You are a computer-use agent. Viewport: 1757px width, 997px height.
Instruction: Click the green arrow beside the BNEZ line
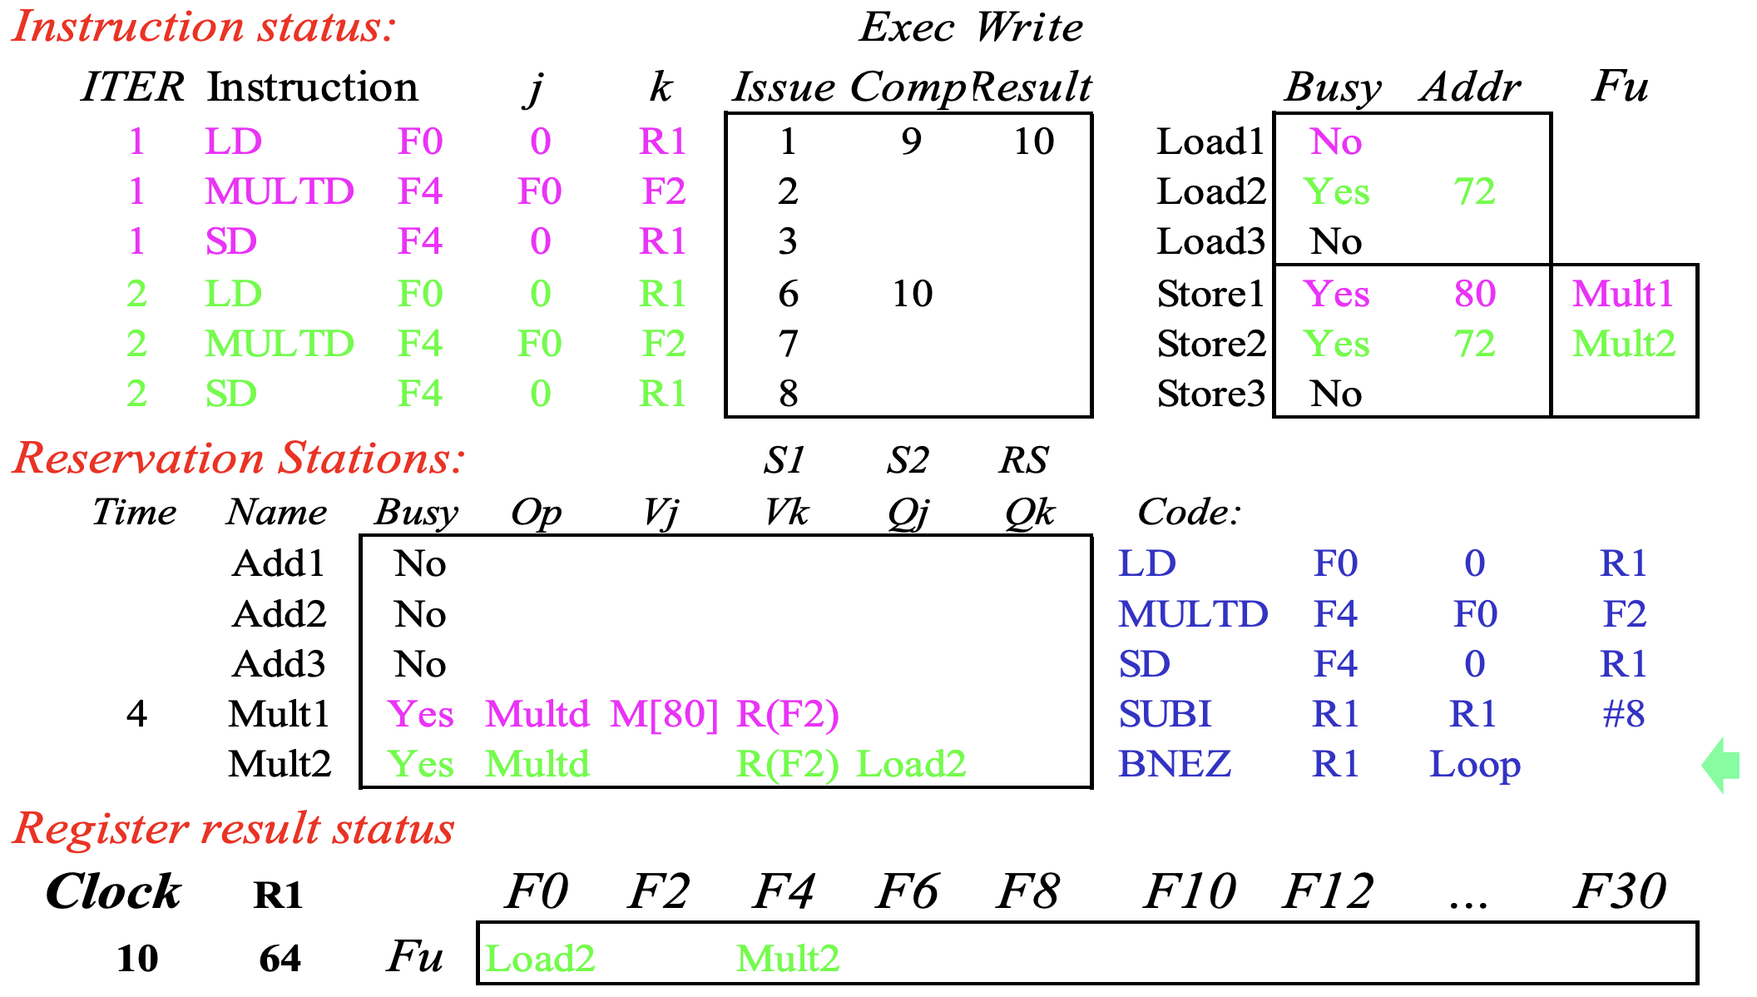pyautogui.click(x=1721, y=764)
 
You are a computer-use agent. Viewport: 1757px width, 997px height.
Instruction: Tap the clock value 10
pyautogui.click(x=137, y=959)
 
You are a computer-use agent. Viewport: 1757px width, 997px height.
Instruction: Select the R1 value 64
pyautogui.click(x=280, y=959)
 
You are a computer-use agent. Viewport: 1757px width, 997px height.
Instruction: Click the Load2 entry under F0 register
pyautogui.click(x=540, y=959)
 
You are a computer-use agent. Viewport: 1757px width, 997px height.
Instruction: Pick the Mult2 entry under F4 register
pyautogui.click(x=788, y=959)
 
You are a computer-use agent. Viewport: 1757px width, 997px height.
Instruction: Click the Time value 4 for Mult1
pyautogui.click(x=137, y=714)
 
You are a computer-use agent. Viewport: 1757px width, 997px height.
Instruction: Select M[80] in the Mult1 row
pyautogui.click(x=664, y=714)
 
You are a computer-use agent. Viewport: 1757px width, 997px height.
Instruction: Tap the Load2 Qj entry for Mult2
pyautogui.click(x=911, y=764)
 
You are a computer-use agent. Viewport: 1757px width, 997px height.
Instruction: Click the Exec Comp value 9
pyautogui.click(x=912, y=141)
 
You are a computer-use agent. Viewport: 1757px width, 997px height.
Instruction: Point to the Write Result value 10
pyautogui.click(x=1034, y=141)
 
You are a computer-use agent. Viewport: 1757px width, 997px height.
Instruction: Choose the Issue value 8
pyautogui.click(x=789, y=394)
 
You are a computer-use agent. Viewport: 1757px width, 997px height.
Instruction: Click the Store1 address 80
pyautogui.click(x=1475, y=294)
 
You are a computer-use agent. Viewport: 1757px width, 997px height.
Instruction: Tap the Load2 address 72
pyautogui.click(x=1475, y=192)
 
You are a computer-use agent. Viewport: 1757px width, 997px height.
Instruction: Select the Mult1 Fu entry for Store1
pyautogui.click(x=1623, y=294)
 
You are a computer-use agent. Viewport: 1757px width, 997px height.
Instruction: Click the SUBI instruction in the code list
pyautogui.click(x=1165, y=714)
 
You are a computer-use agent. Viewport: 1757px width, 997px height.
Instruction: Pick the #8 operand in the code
pyautogui.click(x=1624, y=714)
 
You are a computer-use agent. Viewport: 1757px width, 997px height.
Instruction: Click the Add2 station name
pyautogui.click(x=280, y=614)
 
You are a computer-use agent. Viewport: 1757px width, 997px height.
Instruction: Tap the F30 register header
pyautogui.click(x=1620, y=892)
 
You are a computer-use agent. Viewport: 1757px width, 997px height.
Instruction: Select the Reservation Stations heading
pyautogui.click(x=240, y=459)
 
